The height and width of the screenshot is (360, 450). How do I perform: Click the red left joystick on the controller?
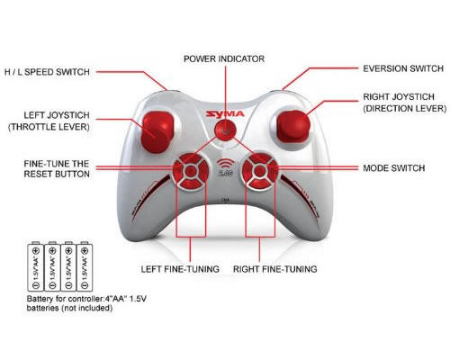(157, 131)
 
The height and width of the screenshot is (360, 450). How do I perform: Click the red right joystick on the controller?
(292, 126)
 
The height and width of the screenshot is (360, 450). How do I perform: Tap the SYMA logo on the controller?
(225, 114)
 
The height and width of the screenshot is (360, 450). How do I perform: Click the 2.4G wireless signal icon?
(225, 167)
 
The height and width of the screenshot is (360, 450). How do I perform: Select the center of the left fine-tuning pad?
(191, 171)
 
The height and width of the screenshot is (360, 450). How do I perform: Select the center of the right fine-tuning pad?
(260, 171)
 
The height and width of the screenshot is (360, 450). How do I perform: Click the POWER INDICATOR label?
(224, 59)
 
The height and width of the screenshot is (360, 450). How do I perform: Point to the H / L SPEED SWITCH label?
(47, 72)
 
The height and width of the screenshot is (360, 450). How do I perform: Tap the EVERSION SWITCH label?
(403, 68)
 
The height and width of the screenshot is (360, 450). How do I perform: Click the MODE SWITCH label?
(394, 168)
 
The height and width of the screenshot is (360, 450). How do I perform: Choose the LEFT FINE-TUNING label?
(180, 269)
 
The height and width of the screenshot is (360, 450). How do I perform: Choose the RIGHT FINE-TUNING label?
(275, 269)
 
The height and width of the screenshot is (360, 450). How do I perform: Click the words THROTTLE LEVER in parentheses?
(49, 127)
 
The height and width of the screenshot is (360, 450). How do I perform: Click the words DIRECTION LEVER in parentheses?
(405, 109)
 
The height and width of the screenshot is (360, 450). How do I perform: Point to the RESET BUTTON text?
(57, 175)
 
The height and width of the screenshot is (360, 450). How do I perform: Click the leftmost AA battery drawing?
(35, 266)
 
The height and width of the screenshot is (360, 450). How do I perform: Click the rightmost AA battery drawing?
(85, 266)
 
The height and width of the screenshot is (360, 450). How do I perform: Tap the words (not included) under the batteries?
(87, 308)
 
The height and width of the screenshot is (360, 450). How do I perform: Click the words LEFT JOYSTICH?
(57, 115)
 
